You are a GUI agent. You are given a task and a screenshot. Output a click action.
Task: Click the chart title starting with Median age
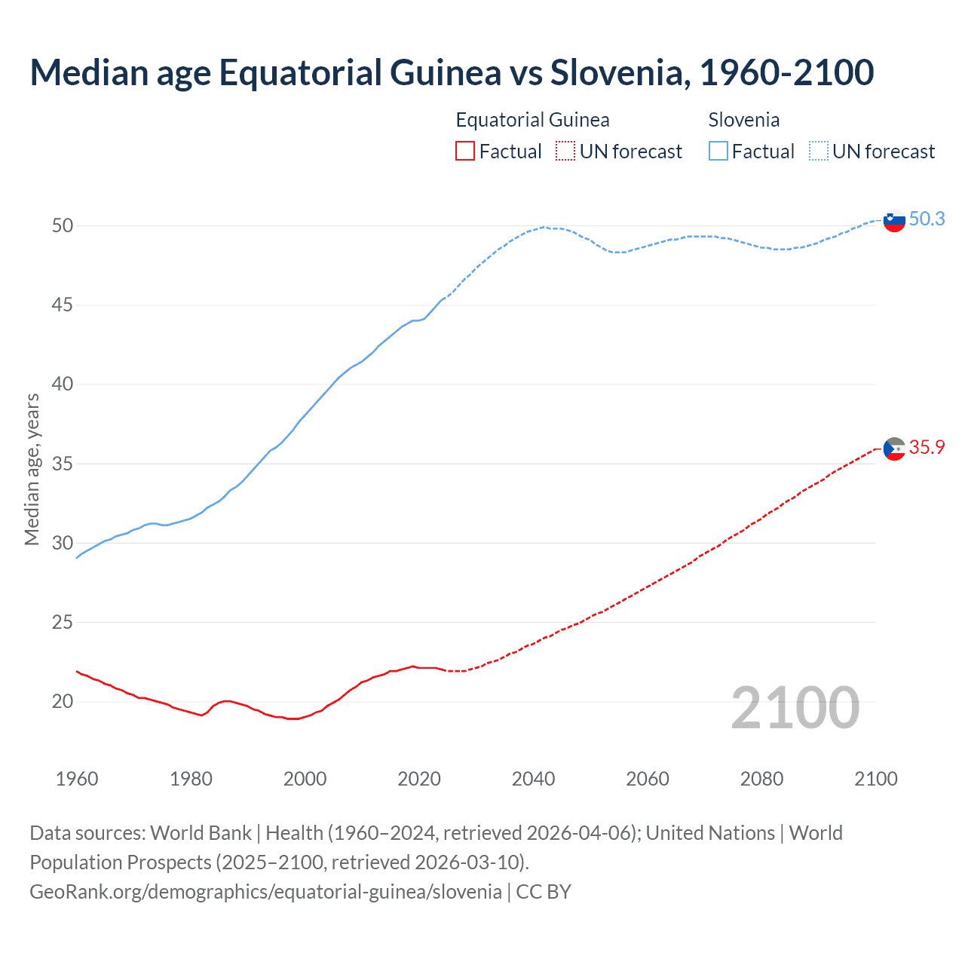[x=452, y=72]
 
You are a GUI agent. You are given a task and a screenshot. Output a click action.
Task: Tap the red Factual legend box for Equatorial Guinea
[x=465, y=152]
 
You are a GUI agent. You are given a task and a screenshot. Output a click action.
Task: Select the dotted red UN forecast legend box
[x=565, y=152]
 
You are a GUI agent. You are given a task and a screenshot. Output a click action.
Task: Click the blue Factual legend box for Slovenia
[x=718, y=152]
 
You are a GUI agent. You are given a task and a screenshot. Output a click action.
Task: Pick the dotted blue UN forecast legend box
[x=818, y=152]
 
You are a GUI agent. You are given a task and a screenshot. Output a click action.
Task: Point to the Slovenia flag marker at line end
[x=894, y=221]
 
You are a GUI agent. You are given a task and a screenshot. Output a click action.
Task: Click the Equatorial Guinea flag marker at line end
[x=894, y=449]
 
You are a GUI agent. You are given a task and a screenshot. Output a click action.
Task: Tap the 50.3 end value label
[x=927, y=219]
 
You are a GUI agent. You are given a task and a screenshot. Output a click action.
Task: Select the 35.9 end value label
[x=927, y=447]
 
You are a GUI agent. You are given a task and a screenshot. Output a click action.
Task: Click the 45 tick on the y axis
[x=63, y=305]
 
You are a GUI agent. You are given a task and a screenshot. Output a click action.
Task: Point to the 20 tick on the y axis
[x=63, y=702]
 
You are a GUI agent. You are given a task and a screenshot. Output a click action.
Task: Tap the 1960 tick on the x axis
[x=77, y=779]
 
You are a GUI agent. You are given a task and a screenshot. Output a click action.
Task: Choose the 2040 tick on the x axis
[x=533, y=779]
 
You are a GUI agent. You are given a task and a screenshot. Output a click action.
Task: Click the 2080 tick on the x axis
[x=761, y=779]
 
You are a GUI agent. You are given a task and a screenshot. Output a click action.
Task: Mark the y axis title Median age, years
[x=32, y=469]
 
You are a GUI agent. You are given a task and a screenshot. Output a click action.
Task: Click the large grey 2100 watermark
[x=795, y=708]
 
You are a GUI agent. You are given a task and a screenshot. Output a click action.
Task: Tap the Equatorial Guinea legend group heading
[x=532, y=120]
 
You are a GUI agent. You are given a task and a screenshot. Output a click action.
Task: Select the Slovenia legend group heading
[x=743, y=120]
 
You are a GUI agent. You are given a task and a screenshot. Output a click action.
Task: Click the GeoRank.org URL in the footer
[x=265, y=892]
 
